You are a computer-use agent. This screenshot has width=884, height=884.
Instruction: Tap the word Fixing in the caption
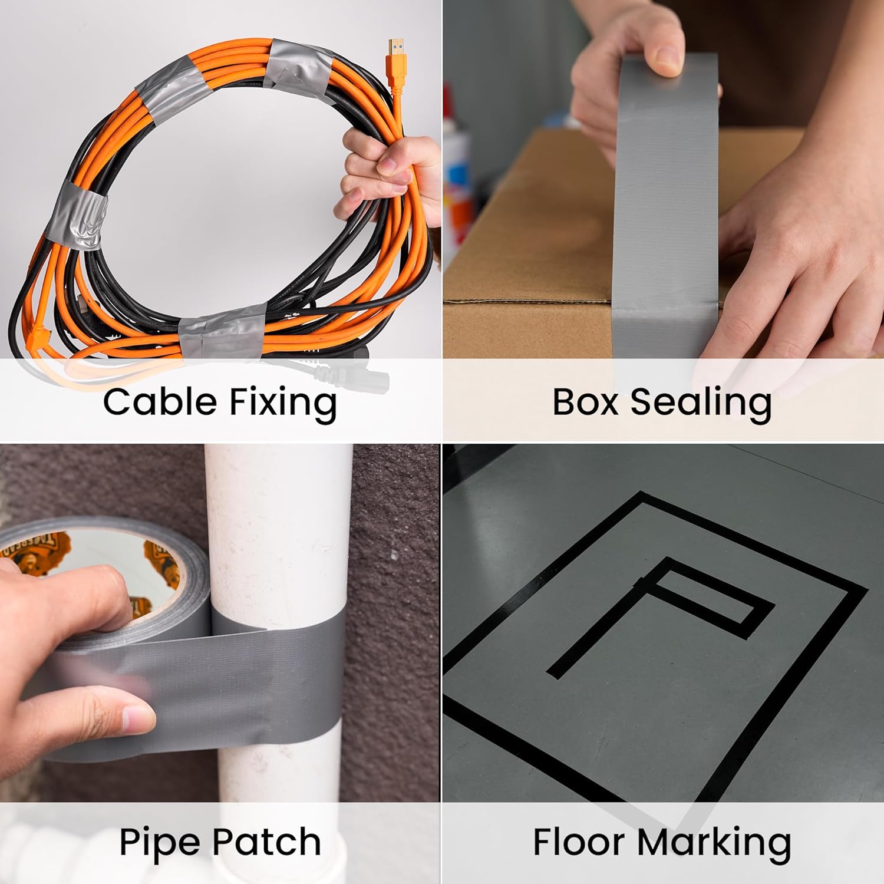click(x=283, y=404)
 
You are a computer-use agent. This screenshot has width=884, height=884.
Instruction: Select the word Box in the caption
click(x=586, y=402)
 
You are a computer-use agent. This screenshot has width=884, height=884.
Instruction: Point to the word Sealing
click(x=701, y=404)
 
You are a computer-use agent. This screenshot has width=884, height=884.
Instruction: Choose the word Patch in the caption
click(x=265, y=842)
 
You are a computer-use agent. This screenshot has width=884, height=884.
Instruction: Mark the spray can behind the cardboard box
click(x=459, y=183)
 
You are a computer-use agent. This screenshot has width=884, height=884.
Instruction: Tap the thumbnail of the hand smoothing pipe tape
click(x=137, y=717)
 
